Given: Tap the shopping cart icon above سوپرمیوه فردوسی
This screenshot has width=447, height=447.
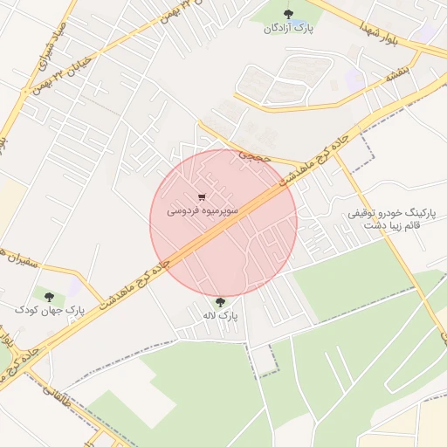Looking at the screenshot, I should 203,197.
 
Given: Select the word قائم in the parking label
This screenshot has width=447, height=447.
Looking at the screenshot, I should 430,224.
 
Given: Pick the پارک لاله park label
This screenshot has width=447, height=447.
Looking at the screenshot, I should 219,315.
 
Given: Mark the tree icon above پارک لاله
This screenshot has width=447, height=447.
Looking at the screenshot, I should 219,302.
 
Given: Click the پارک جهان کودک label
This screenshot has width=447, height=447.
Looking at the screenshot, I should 49,311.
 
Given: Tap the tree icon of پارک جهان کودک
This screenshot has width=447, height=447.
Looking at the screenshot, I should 48,298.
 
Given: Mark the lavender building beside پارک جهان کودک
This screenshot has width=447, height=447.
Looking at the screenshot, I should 78,287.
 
